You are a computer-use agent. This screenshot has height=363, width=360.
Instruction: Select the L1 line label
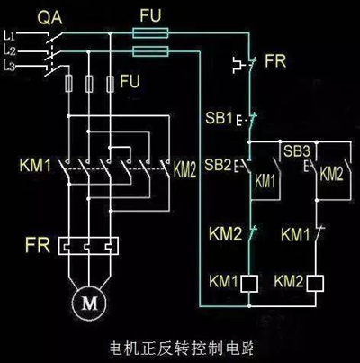(10, 34)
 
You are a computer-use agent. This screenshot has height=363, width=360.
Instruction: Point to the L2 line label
(10, 50)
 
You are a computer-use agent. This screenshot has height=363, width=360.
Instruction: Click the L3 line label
(10, 65)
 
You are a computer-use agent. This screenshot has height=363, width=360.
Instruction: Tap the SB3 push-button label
(296, 149)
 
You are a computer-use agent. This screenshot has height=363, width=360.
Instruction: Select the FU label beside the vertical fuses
(130, 81)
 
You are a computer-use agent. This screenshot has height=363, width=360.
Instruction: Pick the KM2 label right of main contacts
(184, 168)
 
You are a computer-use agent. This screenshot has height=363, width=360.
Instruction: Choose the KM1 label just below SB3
(296, 234)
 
